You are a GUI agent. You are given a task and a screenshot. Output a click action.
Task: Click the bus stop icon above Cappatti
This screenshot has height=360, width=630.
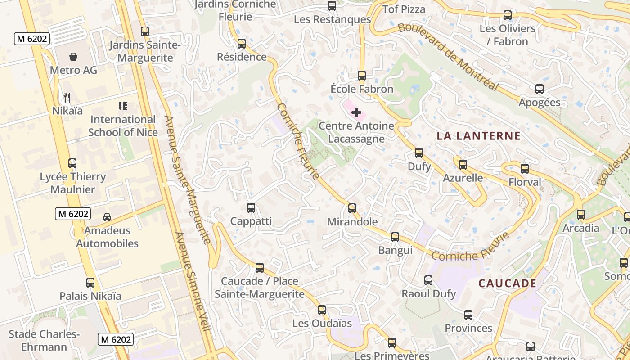(251, 208)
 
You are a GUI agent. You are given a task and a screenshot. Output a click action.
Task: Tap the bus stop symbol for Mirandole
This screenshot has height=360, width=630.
(352, 208)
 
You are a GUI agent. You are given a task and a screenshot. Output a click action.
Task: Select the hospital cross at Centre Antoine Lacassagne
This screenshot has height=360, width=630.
(356, 112)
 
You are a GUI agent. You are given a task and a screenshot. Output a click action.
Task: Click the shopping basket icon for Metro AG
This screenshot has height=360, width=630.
(73, 57)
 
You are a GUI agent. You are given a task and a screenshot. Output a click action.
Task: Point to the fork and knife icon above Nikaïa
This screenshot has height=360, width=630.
(67, 97)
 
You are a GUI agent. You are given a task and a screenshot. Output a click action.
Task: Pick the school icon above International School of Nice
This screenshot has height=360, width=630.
(123, 106)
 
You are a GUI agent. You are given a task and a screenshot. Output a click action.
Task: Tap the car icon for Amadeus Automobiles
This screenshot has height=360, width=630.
(107, 217)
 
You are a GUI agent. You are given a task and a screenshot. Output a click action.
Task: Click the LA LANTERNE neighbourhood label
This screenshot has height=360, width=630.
(479, 136)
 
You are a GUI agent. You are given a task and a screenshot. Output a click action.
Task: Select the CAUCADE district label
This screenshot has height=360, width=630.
(507, 283)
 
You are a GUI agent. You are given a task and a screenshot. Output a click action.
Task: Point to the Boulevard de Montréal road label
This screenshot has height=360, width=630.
(448, 56)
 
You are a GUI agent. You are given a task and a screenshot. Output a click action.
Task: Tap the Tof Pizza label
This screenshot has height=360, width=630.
(404, 9)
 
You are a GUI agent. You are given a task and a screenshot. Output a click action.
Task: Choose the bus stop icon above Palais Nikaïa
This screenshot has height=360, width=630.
(90, 283)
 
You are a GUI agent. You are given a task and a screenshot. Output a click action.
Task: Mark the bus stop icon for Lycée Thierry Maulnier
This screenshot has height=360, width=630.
(72, 163)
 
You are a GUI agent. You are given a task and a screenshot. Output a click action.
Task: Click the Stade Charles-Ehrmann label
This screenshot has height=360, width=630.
(44, 341)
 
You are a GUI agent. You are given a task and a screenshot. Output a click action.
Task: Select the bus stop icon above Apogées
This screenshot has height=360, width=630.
(540, 89)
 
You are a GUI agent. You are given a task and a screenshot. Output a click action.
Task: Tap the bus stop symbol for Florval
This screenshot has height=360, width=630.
(525, 169)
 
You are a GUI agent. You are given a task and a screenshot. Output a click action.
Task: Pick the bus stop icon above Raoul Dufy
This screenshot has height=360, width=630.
(428, 280)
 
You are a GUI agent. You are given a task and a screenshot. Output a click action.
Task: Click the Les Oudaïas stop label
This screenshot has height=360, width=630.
(322, 323)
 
